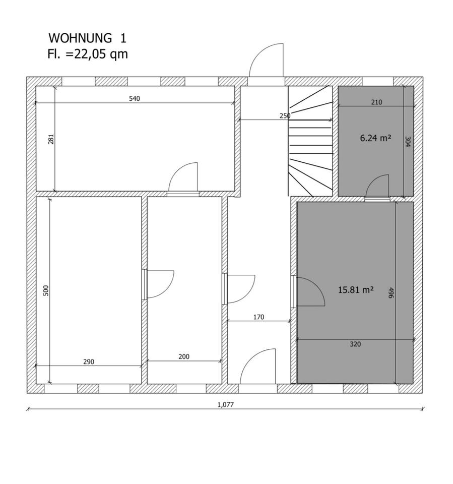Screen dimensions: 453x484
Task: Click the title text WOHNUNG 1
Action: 87,38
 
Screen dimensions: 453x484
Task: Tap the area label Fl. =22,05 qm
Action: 88,54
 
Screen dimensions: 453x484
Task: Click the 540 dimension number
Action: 135,98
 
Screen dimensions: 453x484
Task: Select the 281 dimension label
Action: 51,139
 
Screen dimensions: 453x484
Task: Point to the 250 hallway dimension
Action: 285,116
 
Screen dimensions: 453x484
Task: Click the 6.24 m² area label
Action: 375,138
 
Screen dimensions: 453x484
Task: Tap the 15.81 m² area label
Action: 356,290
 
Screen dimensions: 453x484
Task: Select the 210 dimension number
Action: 376,102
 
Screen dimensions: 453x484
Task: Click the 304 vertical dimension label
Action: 408,142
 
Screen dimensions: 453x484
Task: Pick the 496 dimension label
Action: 391,293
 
